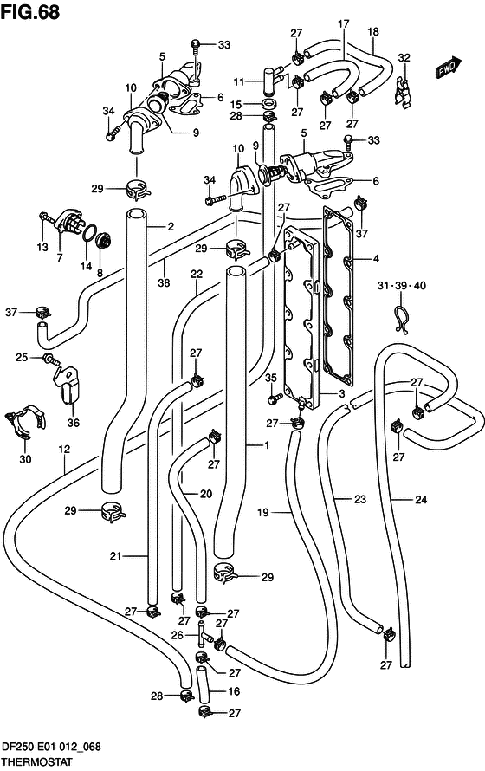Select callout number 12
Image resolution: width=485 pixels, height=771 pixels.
point(63,449)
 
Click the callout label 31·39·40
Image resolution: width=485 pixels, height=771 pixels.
point(402,287)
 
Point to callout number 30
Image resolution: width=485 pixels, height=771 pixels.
point(24,459)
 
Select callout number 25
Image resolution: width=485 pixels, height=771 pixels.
point(22,357)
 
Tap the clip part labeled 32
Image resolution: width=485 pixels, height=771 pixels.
point(403,90)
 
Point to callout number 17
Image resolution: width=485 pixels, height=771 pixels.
point(343,23)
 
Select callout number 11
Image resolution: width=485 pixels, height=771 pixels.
point(238,82)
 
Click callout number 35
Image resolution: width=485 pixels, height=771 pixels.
point(269,378)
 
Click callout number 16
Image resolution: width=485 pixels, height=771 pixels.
point(233,691)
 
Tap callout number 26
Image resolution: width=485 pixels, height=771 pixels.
point(178,635)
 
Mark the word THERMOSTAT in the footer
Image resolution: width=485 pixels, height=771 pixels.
point(33,761)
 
